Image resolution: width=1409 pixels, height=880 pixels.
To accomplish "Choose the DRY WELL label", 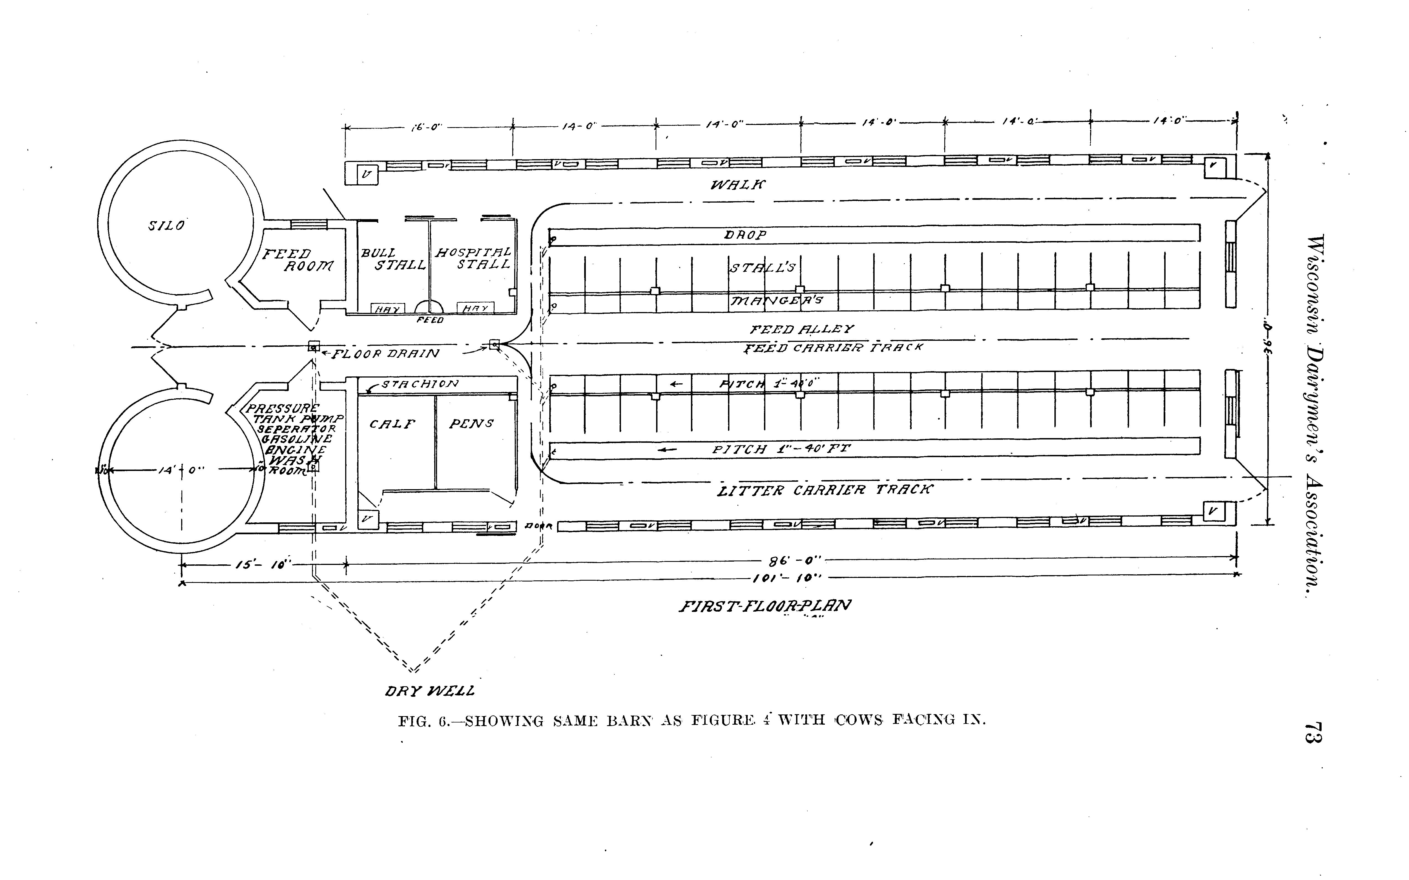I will [x=430, y=691].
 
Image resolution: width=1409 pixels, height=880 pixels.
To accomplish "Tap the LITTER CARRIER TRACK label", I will [x=825, y=490].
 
